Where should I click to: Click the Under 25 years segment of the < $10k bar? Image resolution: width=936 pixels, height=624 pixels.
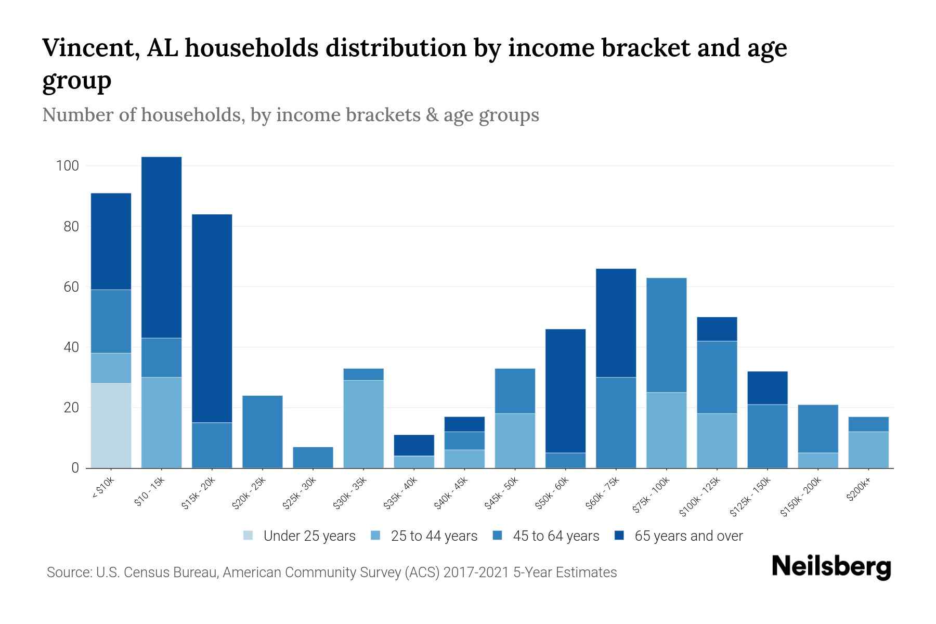coord(111,425)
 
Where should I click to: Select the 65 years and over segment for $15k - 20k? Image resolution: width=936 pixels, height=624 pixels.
coord(212,318)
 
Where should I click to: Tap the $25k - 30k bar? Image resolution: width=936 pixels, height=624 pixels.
coord(313,457)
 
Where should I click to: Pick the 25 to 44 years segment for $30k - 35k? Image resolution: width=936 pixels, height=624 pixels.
coord(363,424)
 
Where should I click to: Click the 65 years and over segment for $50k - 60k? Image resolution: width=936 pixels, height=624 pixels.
coord(565,391)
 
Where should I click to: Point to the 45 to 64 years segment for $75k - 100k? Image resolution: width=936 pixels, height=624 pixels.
coord(666,335)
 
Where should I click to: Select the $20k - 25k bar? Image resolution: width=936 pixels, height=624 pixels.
coord(262,432)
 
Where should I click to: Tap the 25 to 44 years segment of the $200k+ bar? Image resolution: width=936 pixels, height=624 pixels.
coord(868,449)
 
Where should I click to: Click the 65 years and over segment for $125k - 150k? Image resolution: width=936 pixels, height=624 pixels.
coord(767,387)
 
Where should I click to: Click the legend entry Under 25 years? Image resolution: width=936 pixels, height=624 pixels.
coord(309,536)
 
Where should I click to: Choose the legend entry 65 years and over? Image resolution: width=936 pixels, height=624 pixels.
coord(688,536)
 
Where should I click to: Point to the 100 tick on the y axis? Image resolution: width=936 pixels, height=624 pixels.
coord(67,166)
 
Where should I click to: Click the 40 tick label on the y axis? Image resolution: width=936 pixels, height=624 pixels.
coord(71,347)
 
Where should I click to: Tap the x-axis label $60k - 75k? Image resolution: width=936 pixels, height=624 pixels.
coord(602,493)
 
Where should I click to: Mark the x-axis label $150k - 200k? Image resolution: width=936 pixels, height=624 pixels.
coord(801,497)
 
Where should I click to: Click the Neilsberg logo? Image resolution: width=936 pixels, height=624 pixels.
coord(831,566)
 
